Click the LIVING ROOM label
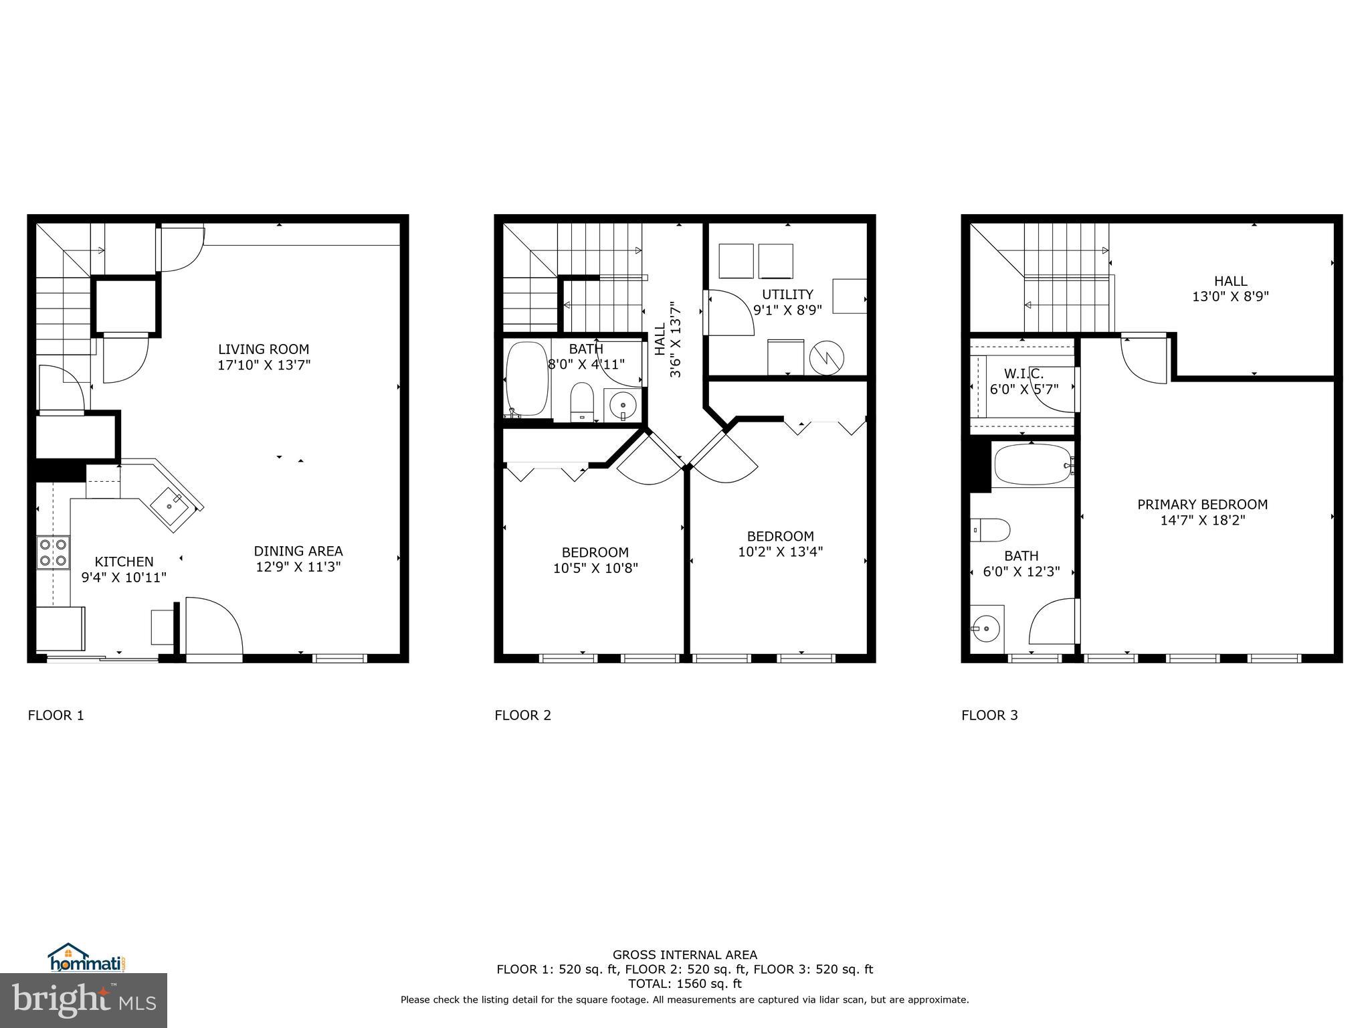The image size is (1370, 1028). [264, 349]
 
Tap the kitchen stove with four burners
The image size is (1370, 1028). [53, 552]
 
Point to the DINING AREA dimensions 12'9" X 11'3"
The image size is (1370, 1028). [298, 567]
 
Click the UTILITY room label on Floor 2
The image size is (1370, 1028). [787, 294]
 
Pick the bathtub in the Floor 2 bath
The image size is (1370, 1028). [527, 379]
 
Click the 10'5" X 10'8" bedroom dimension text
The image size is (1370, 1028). [595, 568]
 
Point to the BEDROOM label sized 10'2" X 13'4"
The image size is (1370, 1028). [780, 536]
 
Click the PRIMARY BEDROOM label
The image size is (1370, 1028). [1202, 505]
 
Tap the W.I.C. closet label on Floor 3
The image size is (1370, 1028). [1023, 373]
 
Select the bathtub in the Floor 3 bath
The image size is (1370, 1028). [1032, 464]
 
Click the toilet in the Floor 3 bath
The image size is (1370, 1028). [990, 529]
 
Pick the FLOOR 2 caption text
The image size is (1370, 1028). [522, 715]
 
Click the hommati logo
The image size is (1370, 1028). [86, 960]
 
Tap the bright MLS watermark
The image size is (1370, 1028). [84, 1000]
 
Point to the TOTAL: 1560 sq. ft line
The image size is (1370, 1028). [684, 984]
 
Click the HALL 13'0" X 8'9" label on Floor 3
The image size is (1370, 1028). [1230, 288]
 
